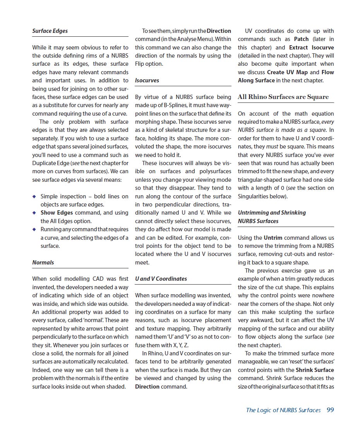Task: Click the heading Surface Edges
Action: [50, 31]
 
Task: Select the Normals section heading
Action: [43, 263]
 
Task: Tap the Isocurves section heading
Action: [147, 80]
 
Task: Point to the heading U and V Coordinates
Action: [161, 279]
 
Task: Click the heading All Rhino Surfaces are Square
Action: [283, 97]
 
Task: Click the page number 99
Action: [330, 410]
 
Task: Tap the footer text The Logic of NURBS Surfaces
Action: [283, 410]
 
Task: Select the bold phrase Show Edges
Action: [57, 213]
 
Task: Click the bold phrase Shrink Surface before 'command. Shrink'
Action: [315, 370]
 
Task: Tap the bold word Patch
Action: [301, 39]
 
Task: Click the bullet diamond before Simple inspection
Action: [35, 196]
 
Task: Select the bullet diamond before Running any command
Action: [35, 230]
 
